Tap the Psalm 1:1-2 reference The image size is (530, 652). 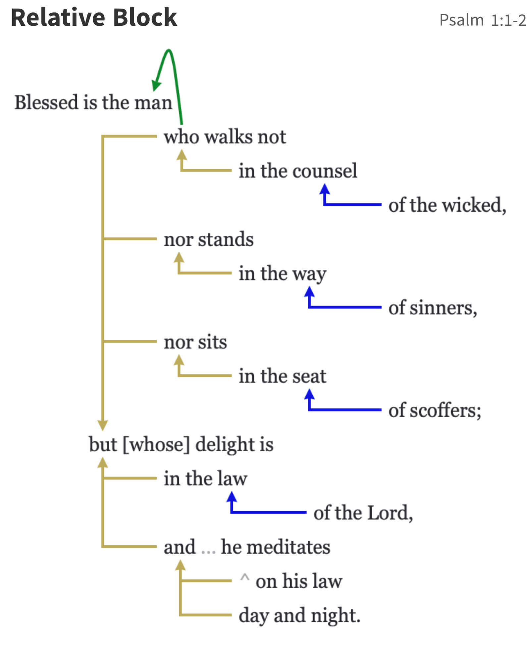point(482,20)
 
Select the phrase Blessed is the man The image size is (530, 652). point(93,102)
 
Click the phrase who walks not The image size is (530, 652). point(225,137)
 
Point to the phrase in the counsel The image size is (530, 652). point(297,171)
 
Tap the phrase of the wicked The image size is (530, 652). point(447,205)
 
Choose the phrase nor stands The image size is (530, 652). point(209,239)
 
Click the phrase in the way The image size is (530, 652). point(282,274)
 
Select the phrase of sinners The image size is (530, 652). point(432,308)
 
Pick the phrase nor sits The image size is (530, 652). point(195,342)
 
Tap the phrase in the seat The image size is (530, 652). point(282,376)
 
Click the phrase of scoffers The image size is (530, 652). point(434,410)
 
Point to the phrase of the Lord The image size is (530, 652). point(363,513)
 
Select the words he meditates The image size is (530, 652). point(275,547)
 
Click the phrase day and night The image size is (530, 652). point(299,616)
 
